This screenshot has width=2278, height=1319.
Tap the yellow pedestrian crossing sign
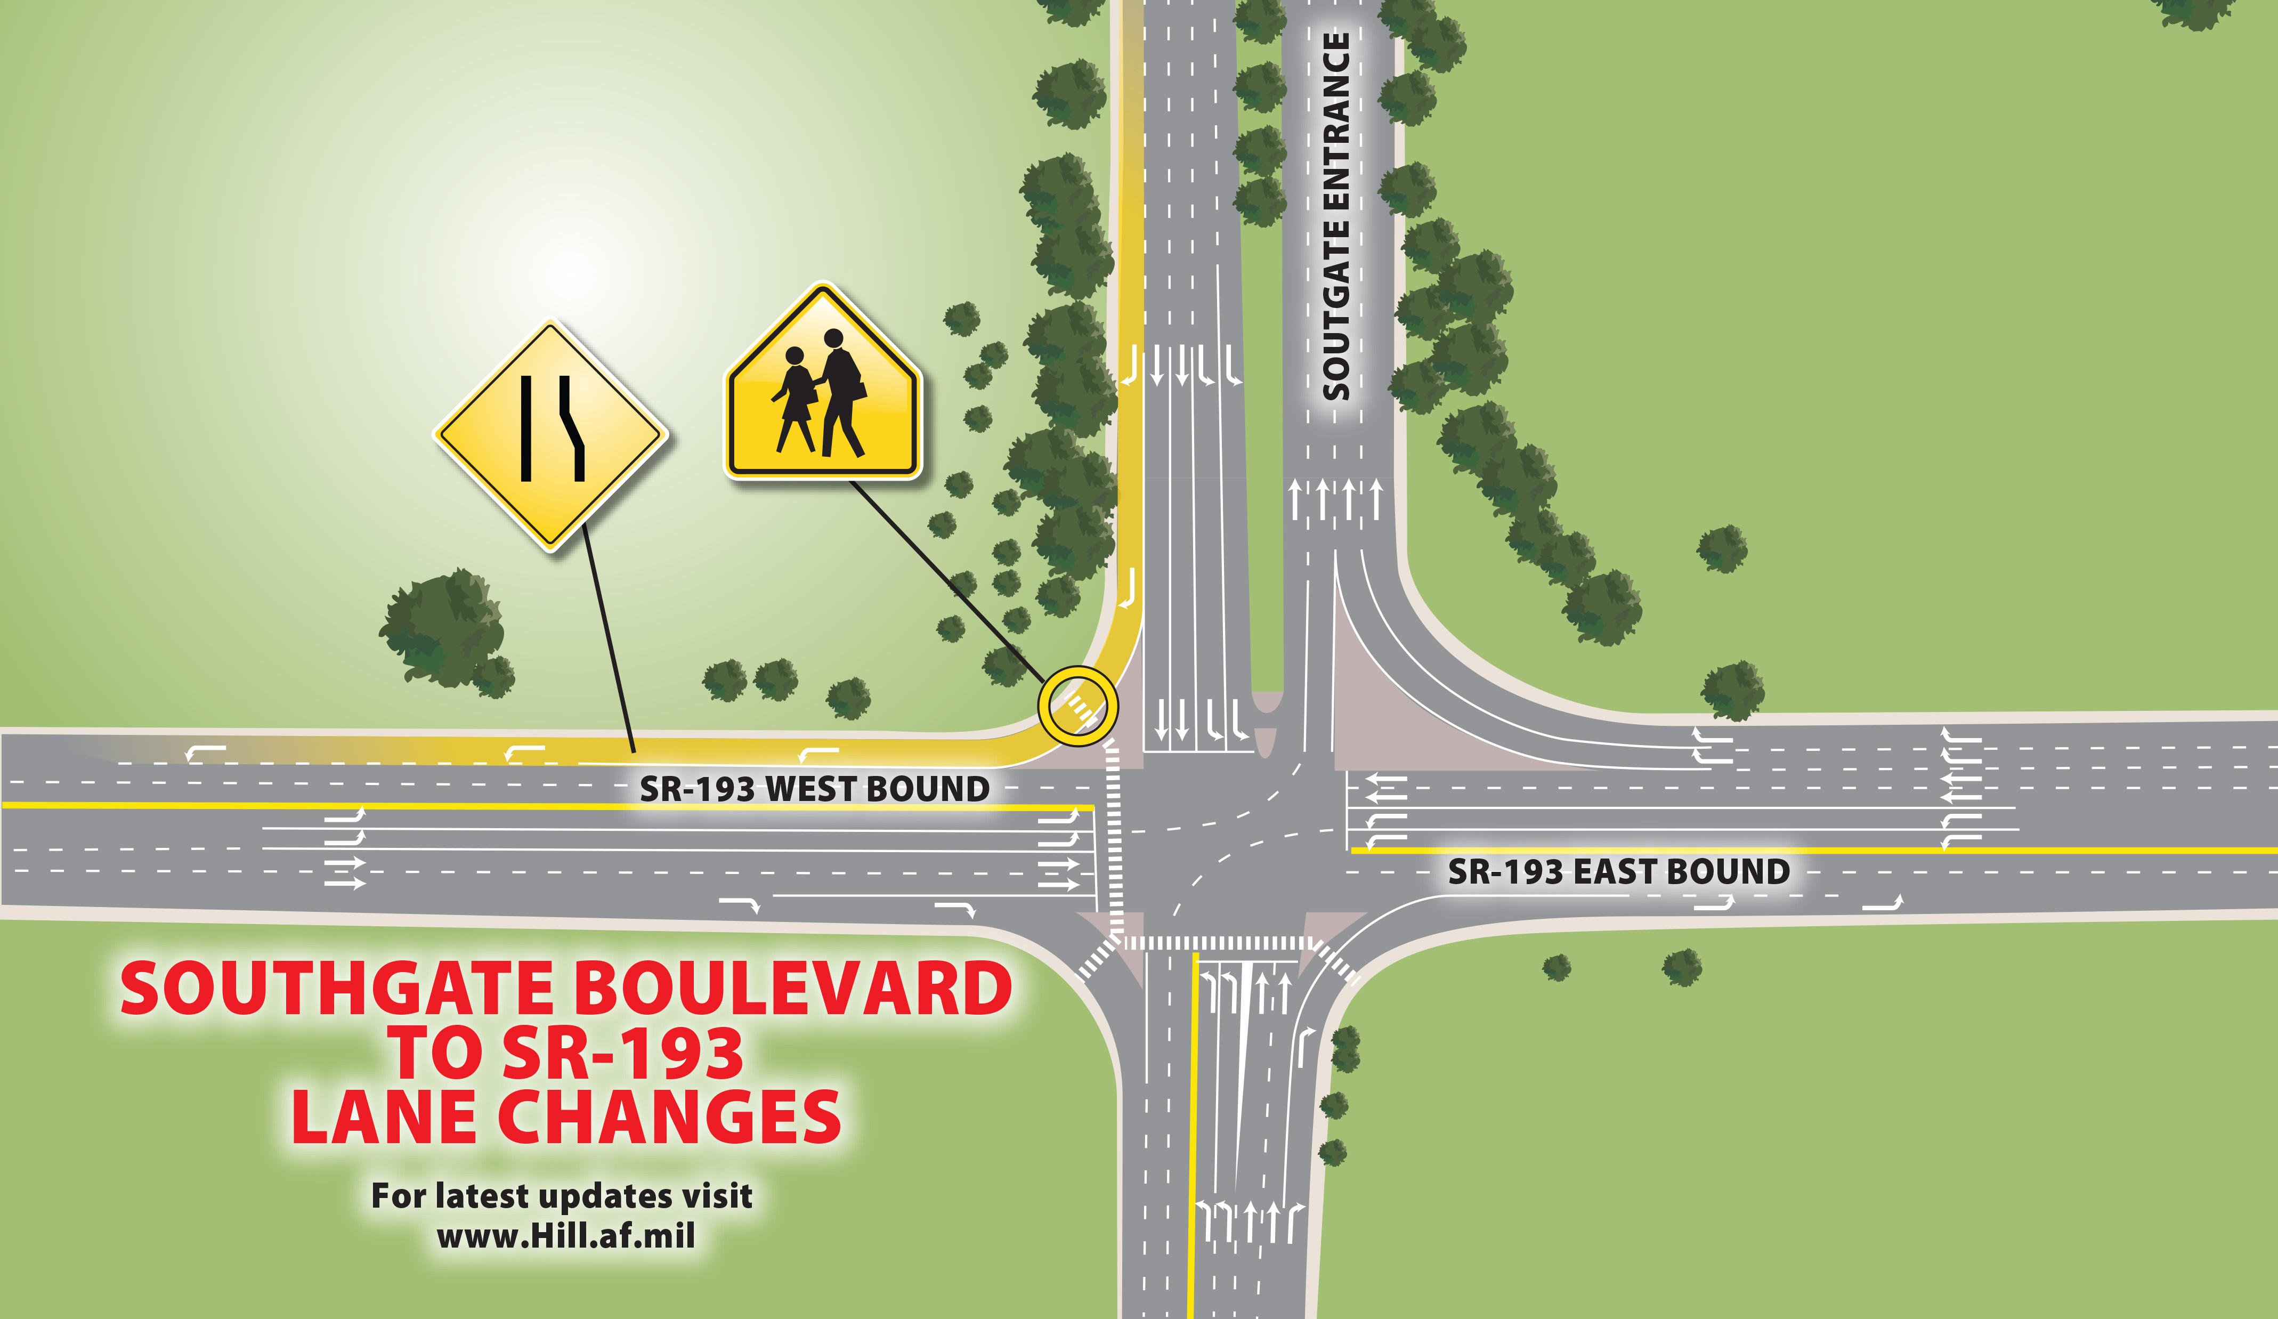[823, 389]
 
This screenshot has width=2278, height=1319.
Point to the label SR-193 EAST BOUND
[1618, 871]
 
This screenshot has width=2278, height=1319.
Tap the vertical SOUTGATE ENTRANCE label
[1335, 217]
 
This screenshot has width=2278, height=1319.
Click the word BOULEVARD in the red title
[793, 988]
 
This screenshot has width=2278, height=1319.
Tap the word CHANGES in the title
[669, 1116]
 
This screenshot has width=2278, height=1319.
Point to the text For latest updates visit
[561, 1195]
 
